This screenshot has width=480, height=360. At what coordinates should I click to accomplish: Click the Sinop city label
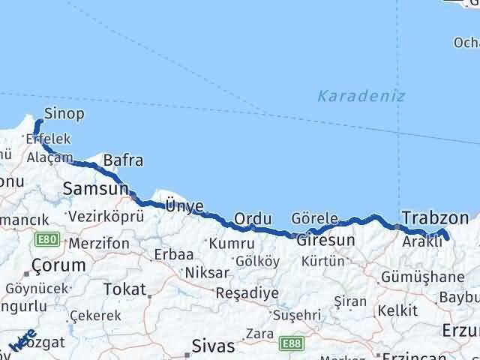(64, 115)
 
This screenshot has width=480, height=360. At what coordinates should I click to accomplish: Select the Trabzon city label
(435, 217)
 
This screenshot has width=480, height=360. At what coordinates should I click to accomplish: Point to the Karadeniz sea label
(361, 96)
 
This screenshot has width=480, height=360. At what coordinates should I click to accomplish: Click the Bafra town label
(123, 160)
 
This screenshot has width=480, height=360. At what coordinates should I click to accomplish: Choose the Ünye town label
(184, 204)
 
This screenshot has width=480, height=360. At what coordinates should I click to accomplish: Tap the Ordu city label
(252, 218)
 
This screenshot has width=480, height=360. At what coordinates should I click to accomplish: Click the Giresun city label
(325, 241)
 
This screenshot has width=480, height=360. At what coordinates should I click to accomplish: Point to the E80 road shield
(47, 240)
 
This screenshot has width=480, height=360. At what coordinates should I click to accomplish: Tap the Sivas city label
(213, 346)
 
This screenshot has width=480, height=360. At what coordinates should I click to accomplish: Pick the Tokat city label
(124, 289)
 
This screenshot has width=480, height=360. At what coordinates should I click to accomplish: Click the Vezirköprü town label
(105, 217)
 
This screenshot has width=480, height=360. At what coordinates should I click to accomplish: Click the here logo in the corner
(22, 340)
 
